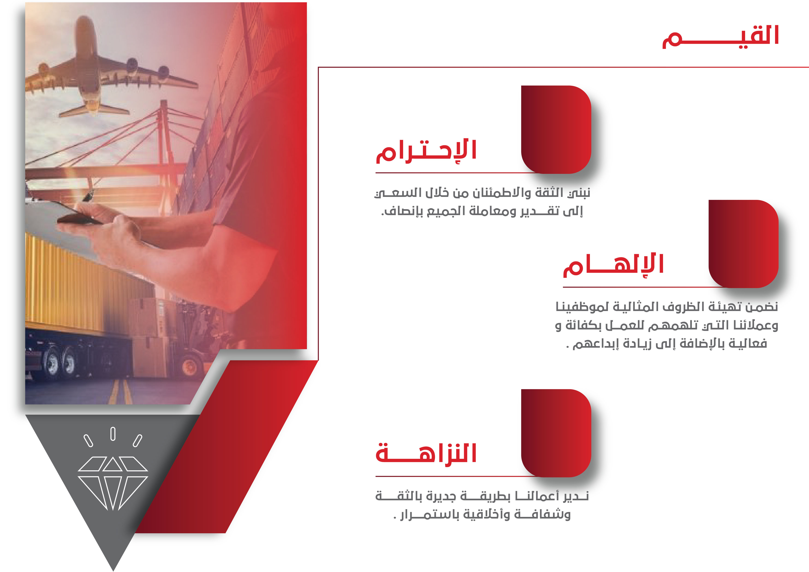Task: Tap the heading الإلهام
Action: (613, 265)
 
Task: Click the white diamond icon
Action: (113, 483)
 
